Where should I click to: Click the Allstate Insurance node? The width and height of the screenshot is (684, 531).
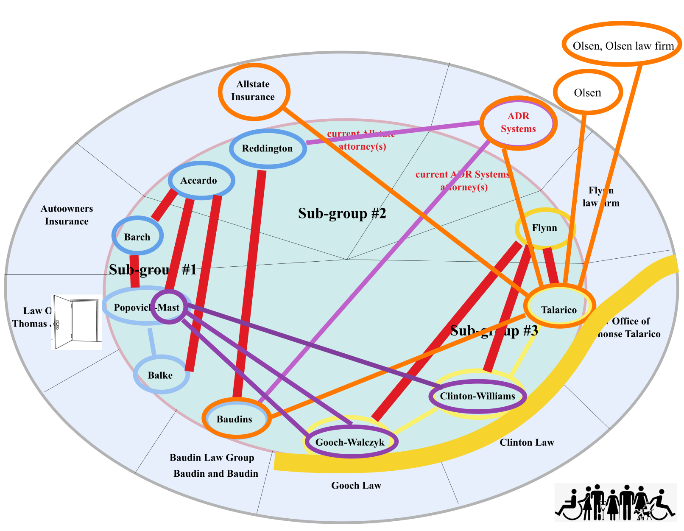[x=254, y=91]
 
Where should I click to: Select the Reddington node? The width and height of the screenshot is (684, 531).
[x=268, y=148]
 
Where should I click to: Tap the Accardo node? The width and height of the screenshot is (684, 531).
[x=201, y=180]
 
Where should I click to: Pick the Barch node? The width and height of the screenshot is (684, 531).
[x=137, y=237]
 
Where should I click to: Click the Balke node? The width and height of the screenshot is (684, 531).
[x=161, y=375]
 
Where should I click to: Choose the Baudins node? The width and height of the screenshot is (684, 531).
[x=236, y=419]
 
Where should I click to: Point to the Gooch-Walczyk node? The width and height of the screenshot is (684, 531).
[x=350, y=442]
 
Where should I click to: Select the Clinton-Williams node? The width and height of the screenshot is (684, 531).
[x=477, y=396]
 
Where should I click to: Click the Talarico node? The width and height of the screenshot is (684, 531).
[x=559, y=309]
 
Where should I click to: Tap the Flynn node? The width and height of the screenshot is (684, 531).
[x=545, y=228]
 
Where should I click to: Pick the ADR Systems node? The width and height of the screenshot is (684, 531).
[x=518, y=123]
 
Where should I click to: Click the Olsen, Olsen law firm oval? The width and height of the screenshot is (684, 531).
[x=622, y=45]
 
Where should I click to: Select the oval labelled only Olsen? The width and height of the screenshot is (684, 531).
[x=588, y=92]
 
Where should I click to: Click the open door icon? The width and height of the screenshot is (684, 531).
[x=77, y=322]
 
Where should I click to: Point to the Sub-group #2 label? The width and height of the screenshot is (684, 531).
[x=342, y=213]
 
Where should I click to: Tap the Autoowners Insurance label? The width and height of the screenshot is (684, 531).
[x=67, y=215]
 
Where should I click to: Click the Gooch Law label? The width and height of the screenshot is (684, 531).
[x=356, y=485]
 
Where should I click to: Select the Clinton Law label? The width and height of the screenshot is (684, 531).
[x=527, y=442]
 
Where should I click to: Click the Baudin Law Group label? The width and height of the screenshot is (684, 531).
[x=212, y=458]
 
